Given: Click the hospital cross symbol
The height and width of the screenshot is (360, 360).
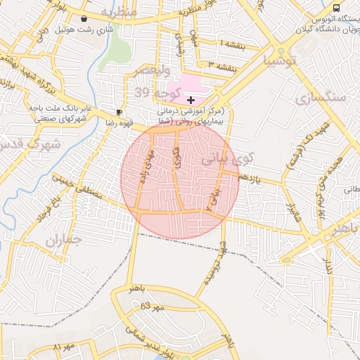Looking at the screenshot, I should (191, 101).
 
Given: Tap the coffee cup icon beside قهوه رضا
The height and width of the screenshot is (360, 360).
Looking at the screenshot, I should (119, 112).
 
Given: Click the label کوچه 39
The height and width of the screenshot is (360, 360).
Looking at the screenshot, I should (157, 93).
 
